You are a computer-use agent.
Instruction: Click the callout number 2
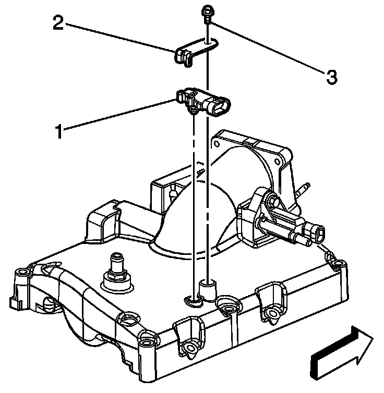(x=58, y=23)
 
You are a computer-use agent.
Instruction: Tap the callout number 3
(x=331, y=77)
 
